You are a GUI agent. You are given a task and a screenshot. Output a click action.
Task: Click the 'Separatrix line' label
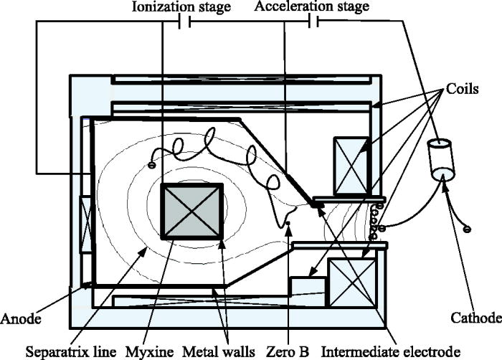point(58,351)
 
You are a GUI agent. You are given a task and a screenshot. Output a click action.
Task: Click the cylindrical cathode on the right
point(440,161)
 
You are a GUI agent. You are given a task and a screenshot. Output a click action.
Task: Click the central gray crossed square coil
point(191,211)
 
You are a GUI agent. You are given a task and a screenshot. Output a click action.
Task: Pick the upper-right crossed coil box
point(351,166)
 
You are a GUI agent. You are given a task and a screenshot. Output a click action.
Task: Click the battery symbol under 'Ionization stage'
point(184,22)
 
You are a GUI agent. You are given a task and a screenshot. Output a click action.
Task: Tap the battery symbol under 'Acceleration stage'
point(313,22)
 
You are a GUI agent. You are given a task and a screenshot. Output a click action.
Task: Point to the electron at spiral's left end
point(151,166)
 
